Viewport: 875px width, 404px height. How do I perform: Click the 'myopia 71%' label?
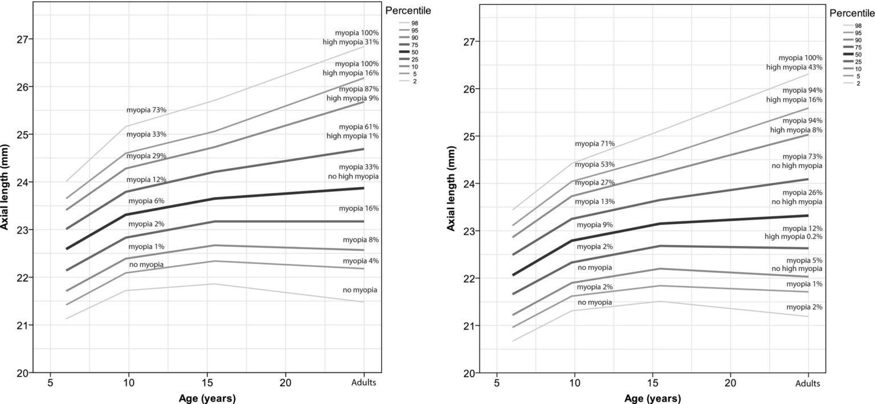(594, 144)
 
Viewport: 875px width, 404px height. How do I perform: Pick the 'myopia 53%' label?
(594, 164)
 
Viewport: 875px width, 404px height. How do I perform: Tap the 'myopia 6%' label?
(146, 201)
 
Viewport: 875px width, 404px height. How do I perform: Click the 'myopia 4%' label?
(361, 261)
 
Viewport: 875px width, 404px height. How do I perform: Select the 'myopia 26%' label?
(803, 192)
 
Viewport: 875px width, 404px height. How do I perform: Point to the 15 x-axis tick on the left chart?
(207, 382)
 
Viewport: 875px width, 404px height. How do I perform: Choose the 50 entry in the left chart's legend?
(406, 52)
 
